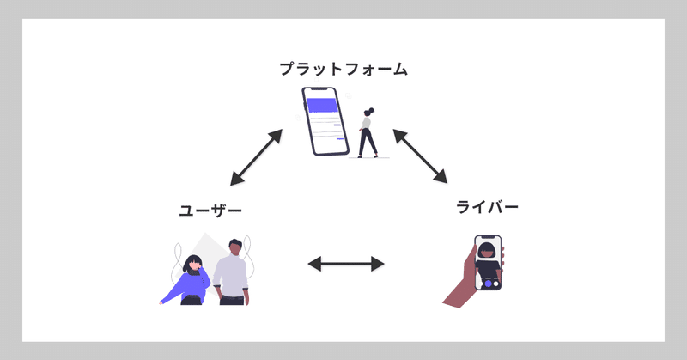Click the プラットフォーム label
(343, 69)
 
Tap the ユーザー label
(210, 211)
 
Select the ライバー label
(488, 207)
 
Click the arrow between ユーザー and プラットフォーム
(257, 157)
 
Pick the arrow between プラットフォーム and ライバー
(421, 156)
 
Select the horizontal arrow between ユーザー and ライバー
(346, 264)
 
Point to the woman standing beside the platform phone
(368, 133)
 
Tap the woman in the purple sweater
(191, 279)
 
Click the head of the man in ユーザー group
(234, 247)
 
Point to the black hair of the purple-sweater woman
(191, 260)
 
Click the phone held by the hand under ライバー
(488, 262)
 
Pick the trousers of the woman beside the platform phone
(368, 144)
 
